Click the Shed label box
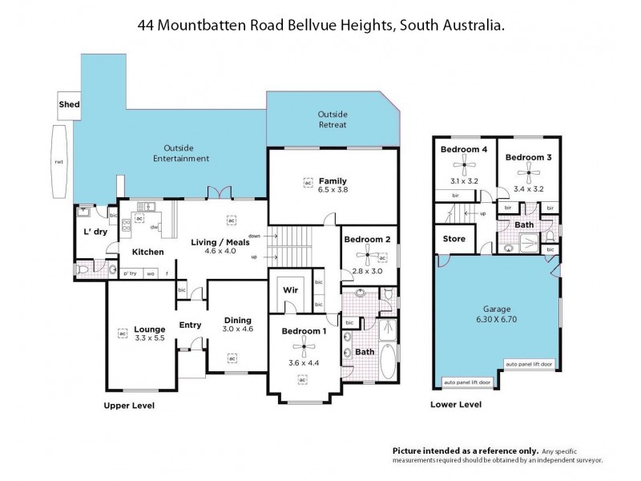click(x=69, y=105)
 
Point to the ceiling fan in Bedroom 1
click(x=303, y=347)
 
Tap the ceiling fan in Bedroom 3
click(x=526, y=173)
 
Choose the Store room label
click(x=454, y=239)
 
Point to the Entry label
click(x=190, y=325)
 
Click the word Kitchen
click(x=148, y=253)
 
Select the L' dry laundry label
click(x=96, y=232)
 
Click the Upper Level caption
click(x=129, y=406)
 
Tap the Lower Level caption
click(x=456, y=406)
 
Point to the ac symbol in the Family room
click(x=308, y=181)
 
